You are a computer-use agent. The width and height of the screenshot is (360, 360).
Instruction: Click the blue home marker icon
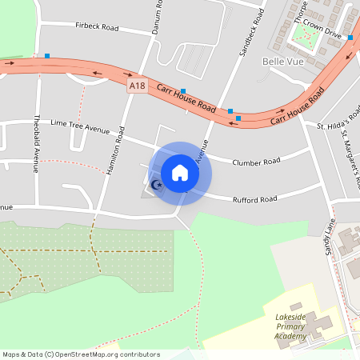point(180,172)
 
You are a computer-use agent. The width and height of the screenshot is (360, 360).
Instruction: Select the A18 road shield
point(137,85)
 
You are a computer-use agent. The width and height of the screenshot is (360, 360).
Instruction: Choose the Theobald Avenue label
point(35,144)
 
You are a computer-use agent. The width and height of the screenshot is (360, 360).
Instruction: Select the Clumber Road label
point(256,162)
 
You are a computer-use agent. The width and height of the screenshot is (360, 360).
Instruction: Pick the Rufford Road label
point(254,198)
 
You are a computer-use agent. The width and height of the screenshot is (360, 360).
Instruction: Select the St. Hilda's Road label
point(338,126)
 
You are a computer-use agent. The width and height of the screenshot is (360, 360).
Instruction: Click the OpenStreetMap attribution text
point(81,354)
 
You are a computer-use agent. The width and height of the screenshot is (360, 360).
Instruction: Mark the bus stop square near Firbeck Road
point(47,56)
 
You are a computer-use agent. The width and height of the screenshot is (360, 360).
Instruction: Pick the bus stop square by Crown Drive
point(350,38)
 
